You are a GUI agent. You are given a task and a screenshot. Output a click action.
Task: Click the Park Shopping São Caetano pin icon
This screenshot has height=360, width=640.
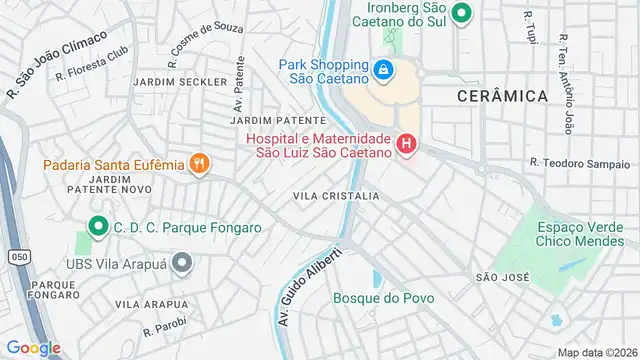click(x=383, y=70)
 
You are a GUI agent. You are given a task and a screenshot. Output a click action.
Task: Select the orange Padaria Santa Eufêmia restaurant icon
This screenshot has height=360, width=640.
click(x=200, y=164)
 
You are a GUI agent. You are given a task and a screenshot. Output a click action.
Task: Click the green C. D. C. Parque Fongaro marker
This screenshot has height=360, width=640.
click(x=98, y=227)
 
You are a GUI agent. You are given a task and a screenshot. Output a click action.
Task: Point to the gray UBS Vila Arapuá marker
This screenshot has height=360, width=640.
click(x=181, y=264)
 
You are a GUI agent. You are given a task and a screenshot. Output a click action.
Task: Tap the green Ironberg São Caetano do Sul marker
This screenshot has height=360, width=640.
click(x=461, y=13)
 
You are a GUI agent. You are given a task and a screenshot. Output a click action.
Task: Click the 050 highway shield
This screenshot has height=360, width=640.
click(x=19, y=257)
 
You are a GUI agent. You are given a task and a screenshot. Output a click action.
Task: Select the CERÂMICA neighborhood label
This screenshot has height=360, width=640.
click(x=502, y=96)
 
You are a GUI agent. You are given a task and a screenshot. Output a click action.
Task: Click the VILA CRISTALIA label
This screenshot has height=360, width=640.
click(x=336, y=196)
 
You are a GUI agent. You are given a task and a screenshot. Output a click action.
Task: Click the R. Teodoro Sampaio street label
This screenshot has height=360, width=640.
click(x=579, y=163)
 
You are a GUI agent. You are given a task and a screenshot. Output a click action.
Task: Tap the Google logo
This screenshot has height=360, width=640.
click(x=33, y=347)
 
